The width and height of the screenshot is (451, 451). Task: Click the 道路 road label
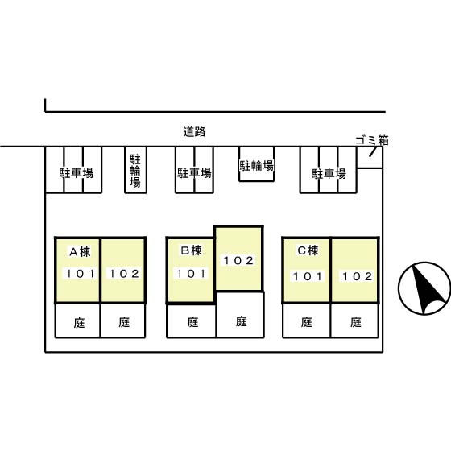(x=194, y=131)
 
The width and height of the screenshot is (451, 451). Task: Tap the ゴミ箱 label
(x=372, y=140)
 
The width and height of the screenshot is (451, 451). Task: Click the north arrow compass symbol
(x=424, y=288)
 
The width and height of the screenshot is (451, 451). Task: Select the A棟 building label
(x=80, y=252)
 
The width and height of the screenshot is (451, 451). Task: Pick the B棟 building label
(x=192, y=250)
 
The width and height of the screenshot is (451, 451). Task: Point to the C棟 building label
(x=308, y=250)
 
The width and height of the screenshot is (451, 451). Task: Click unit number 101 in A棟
(x=81, y=274)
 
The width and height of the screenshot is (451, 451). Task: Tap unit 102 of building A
(x=124, y=274)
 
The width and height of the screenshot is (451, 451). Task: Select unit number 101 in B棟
(x=191, y=274)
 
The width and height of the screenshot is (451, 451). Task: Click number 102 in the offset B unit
(x=238, y=261)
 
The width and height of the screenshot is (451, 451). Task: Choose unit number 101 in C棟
(x=308, y=276)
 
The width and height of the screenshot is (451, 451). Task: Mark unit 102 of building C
(x=358, y=276)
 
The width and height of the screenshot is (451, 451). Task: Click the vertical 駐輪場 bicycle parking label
(x=135, y=171)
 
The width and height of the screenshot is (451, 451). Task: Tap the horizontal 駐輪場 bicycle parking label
(x=257, y=165)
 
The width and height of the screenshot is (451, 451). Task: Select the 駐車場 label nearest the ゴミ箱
(x=329, y=174)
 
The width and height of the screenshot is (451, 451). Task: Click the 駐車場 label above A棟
(x=77, y=173)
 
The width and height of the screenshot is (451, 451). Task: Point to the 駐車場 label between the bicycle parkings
(x=194, y=173)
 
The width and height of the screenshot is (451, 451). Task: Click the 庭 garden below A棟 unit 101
(x=79, y=323)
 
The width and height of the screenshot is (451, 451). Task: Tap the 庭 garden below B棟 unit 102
(x=241, y=321)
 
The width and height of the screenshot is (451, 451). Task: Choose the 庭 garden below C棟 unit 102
(x=356, y=322)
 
